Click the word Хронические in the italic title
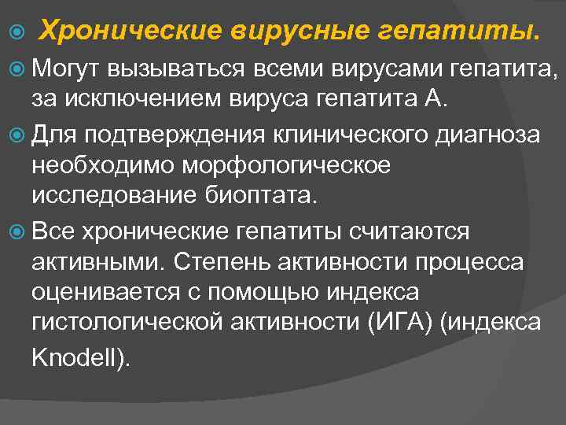coord(129,31)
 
